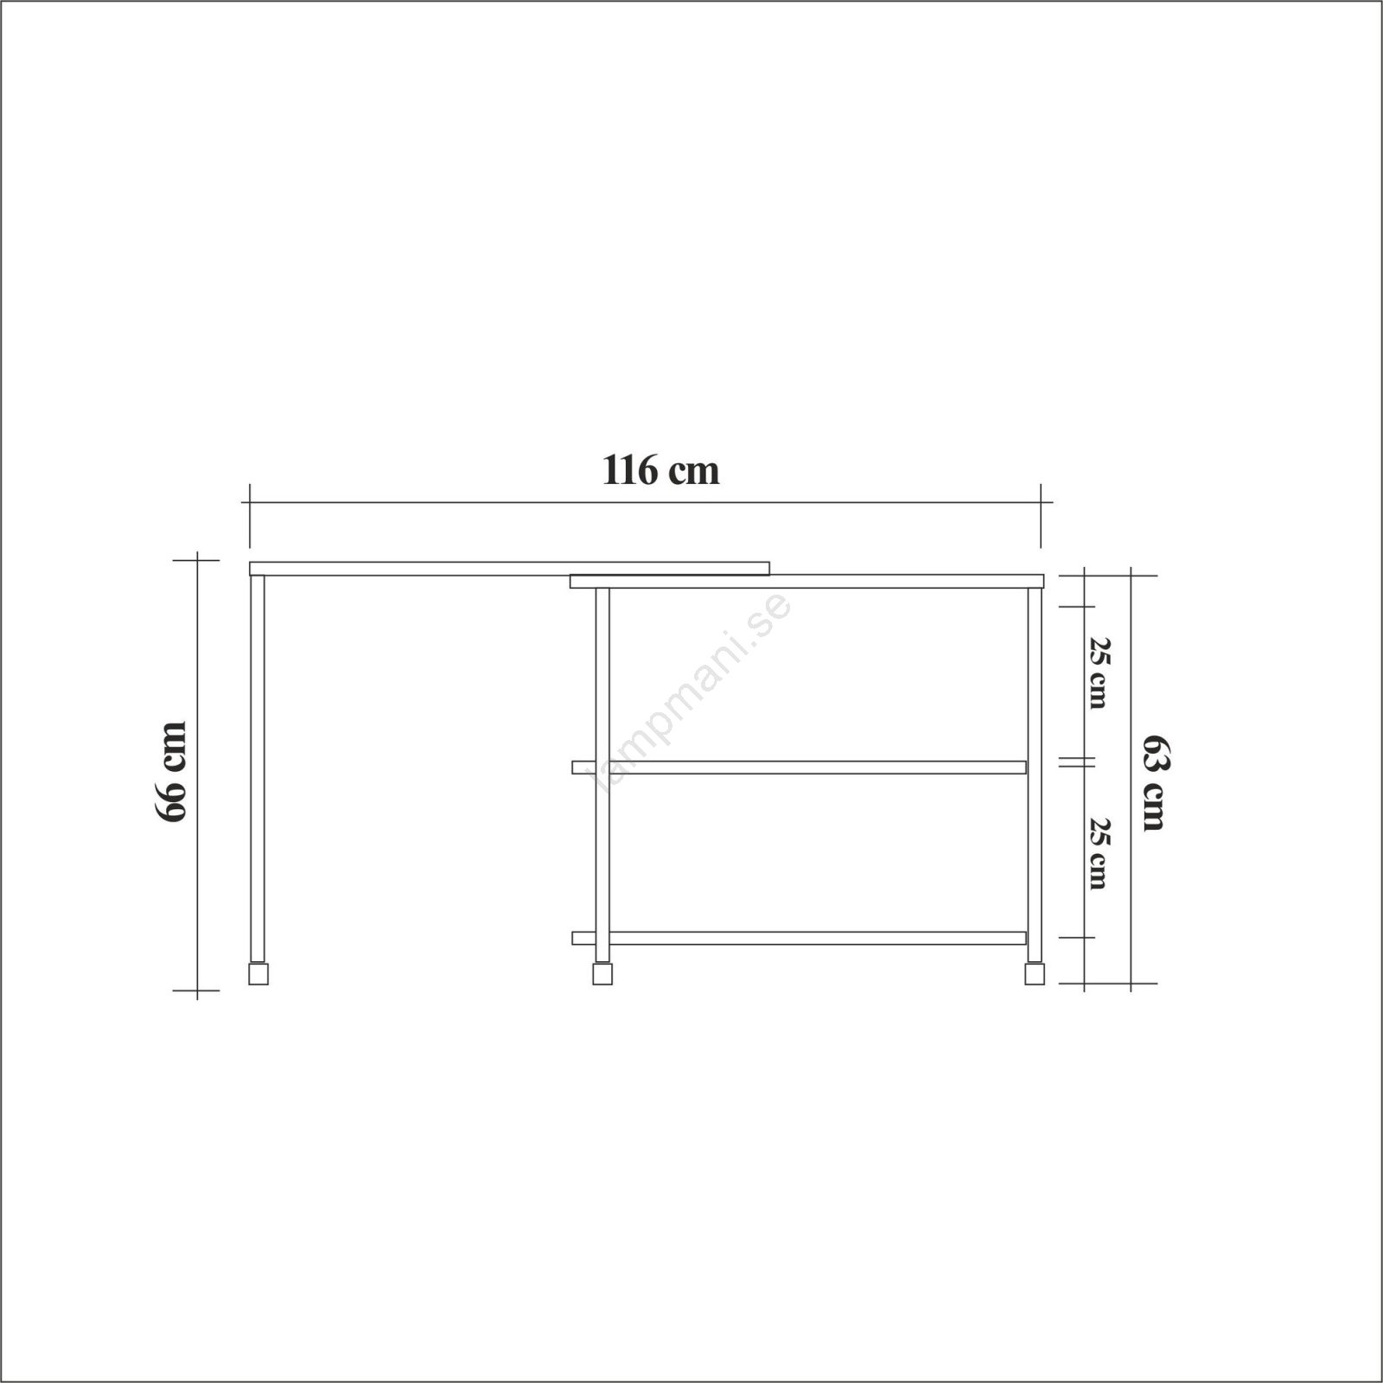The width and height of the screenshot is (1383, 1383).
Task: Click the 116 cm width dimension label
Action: pos(660,471)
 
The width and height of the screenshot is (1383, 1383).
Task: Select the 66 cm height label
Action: pos(171,772)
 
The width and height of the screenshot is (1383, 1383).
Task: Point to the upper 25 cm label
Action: pos(1098,673)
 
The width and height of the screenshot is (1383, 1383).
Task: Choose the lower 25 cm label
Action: pos(1098,852)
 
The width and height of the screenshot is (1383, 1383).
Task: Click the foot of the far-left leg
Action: pos(258,973)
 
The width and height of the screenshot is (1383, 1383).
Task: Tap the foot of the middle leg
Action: pos(602,973)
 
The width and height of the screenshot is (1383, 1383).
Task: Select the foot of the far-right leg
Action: pos(1035,973)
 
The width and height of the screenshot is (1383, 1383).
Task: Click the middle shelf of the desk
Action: pos(800,768)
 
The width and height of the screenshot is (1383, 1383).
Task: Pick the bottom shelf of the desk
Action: pos(800,938)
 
